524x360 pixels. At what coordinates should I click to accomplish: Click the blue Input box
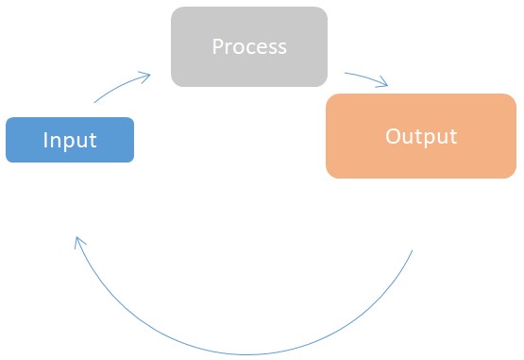tap(70, 140)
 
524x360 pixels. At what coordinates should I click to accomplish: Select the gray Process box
tap(249, 46)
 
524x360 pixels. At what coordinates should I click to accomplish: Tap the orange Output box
tap(421, 136)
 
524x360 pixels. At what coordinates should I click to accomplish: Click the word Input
tap(70, 141)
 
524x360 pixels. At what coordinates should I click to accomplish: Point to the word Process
tap(249, 46)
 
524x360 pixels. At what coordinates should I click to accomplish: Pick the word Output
tap(421, 136)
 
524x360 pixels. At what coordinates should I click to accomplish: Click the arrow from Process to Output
tap(365, 77)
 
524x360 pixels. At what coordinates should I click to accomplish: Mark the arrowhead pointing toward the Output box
tap(383, 84)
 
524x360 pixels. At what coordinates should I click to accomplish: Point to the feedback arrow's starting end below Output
tap(413, 251)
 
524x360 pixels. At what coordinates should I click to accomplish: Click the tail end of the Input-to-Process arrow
tap(94, 101)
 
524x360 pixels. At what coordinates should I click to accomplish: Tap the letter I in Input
tap(45, 141)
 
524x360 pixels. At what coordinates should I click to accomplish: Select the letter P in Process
tap(217, 46)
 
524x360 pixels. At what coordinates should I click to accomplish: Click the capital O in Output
tap(392, 136)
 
